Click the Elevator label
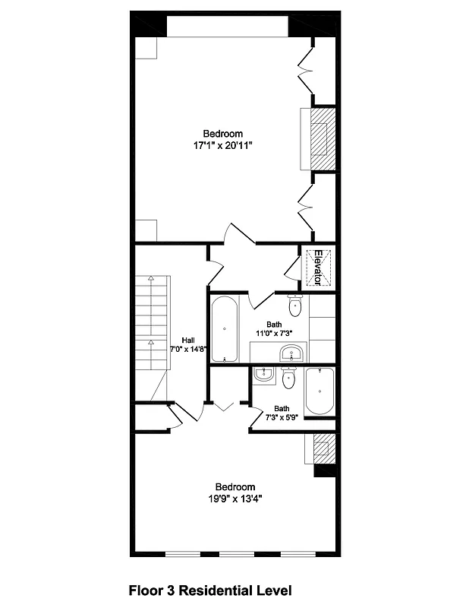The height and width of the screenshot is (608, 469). (x=319, y=268)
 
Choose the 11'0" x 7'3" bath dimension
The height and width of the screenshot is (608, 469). (x=273, y=333)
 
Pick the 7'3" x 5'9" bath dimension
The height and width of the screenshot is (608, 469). (x=282, y=418)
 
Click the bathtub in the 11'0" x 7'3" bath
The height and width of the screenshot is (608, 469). (x=225, y=329)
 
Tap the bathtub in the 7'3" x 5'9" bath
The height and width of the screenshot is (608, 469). (x=319, y=391)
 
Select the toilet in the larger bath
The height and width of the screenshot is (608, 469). (x=296, y=306)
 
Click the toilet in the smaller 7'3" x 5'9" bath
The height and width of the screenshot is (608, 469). (x=288, y=378)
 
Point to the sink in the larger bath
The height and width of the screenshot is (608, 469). (x=291, y=353)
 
